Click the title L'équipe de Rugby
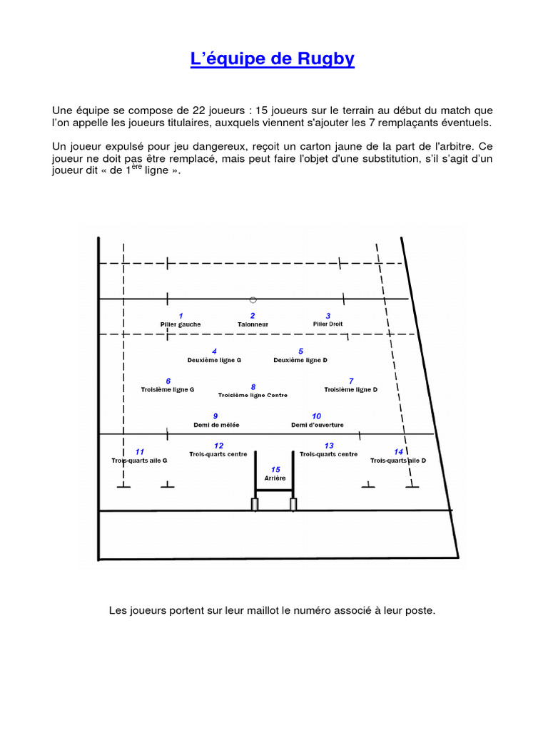[x=273, y=59]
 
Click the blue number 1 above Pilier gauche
[x=181, y=316]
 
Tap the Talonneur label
[x=253, y=324]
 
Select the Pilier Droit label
[x=328, y=324]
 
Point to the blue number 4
[x=214, y=351]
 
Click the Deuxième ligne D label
[x=300, y=361]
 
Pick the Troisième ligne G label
[x=168, y=390]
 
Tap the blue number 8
[x=253, y=386]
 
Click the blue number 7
[x=351, y=381]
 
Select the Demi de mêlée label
[x=216, y=425]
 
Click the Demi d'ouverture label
[x=317, y=425]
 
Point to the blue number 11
[x=140, y=452]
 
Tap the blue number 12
[x=218, y=446]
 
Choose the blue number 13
[x=329, y=446]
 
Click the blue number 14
[x=398, y=452]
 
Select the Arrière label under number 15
[x=275, y=478]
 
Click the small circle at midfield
[x=253, y=300]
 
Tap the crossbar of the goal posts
[x=274, y=490]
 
